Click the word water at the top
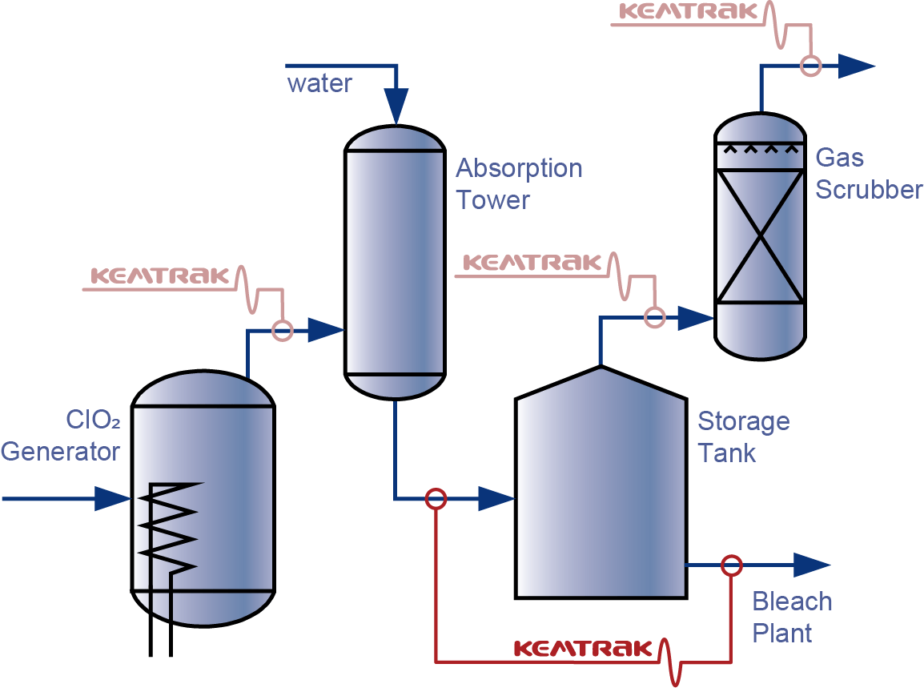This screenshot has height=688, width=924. tap(319, 83)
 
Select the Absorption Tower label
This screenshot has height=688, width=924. tap(519, 184)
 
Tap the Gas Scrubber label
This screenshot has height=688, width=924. tap(868, 174)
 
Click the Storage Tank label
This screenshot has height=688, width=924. tap(743, 437)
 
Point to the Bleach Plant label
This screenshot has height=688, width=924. tap(791, 618)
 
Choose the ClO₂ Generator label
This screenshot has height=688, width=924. tap(61, 436)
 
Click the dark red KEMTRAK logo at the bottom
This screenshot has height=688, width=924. tap(583, 648)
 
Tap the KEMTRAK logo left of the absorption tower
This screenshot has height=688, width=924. tap(160, 276)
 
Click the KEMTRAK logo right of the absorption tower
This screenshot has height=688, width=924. tap(532, 263)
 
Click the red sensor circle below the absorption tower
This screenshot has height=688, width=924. tap(435, 499)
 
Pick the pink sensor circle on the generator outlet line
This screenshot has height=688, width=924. tap(282, 330)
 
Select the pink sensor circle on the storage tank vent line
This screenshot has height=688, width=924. tap(655, 318)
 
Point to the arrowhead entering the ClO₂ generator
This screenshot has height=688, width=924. tap(112, 499)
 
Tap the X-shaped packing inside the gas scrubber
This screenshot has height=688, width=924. tap(759, 236)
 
